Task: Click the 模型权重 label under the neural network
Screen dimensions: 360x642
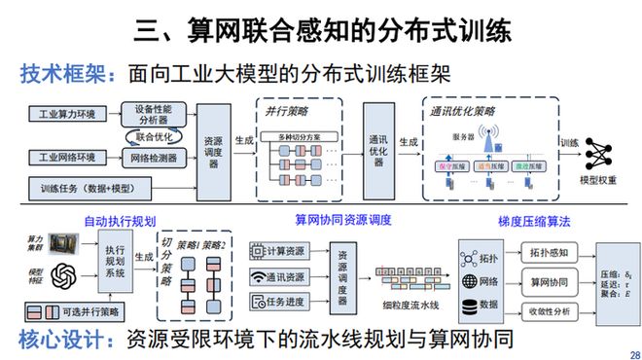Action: pos(596,180)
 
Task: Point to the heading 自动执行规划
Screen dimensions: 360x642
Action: pos(120,221)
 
